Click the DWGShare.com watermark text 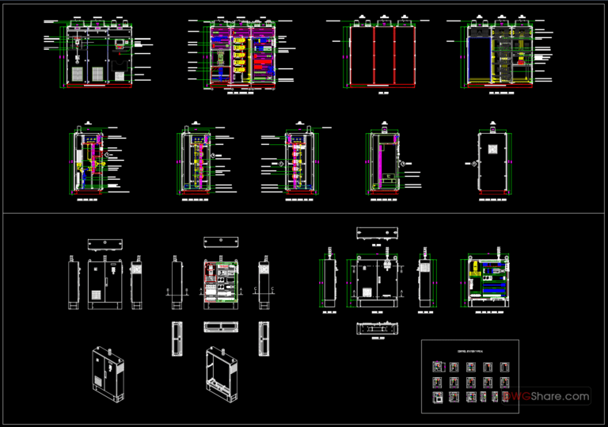549,395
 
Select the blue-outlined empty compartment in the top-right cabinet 480,59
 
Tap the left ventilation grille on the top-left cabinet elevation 78,74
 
